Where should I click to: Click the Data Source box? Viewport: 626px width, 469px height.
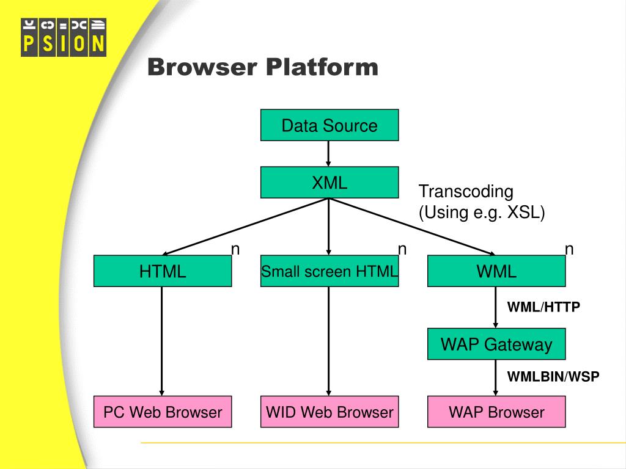[x=330, y=125]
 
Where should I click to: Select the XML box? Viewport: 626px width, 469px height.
[x=330, y=182]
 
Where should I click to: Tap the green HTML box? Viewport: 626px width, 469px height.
[x=163, y=271]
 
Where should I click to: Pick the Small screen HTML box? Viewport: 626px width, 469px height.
[x=330, y=271]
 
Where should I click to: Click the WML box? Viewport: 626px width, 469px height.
[x=496, y=271]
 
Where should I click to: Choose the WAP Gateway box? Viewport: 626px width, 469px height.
[x=496, y=344]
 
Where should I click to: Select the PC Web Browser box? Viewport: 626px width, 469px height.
[x=163, y=412]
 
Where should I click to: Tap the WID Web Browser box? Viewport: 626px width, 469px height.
[x=330, y=412]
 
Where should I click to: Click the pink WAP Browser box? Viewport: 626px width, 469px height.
[x=496, y=412]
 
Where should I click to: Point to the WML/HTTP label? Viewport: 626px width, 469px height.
[x=543, y=307]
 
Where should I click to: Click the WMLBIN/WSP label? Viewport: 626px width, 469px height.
[x=553, y=377]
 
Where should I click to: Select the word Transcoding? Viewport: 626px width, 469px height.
[x=466, y=192]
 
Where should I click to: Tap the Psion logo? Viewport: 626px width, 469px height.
[x=64, y=37]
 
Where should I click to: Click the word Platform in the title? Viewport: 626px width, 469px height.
[x=322, y=67]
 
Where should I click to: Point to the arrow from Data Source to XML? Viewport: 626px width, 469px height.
[x=329, y=153]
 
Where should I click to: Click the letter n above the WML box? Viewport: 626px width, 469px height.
[x=569, y=249]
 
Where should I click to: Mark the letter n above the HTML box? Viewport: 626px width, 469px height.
[x=235, y=249]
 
